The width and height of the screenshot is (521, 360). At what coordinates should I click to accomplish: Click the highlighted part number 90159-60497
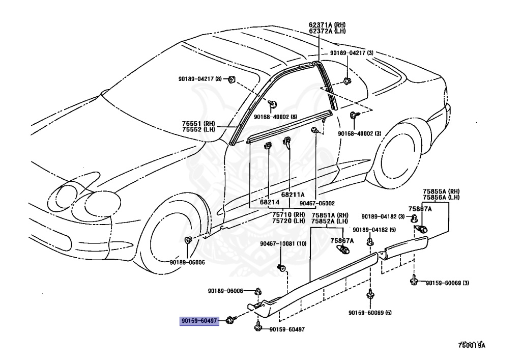click(199, 321)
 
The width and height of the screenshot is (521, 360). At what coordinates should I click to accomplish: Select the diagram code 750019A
click(472, 345)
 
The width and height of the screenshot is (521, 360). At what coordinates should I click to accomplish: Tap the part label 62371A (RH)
click(327, 24)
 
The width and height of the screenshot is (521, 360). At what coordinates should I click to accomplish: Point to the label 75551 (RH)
click(198, 123)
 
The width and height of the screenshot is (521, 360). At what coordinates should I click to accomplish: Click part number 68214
click(270, 202)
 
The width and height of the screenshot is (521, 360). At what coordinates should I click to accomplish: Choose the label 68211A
click(293, 195)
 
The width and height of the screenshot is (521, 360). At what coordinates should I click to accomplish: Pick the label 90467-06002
click(317, 203)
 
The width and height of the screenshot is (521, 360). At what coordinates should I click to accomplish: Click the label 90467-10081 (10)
click(283, 244)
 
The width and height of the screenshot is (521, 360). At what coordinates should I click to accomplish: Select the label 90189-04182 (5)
click(374, 230)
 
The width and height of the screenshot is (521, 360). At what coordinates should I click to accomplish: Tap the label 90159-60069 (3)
click(448, 283)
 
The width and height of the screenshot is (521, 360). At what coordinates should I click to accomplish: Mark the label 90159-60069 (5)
click(370, 313)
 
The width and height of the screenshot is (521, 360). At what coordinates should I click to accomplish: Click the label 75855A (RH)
click(441, 191)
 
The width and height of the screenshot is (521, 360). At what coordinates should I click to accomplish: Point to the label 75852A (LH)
click(330, 221)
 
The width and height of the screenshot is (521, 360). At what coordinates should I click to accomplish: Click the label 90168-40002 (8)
click(275, 117)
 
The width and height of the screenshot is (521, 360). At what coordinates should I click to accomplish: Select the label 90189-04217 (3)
click(352, 53)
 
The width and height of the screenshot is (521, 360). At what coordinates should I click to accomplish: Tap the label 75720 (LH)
click(289, 220)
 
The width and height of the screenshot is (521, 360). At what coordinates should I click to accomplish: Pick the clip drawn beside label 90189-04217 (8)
click(231, 79)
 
